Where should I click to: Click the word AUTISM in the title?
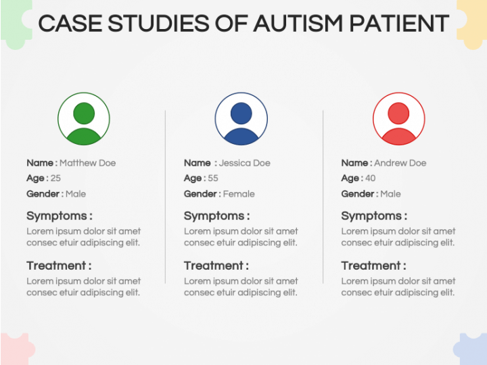tap(298, 23)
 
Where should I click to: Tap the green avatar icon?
tap(84, 118)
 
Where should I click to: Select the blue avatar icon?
tap(241, 118)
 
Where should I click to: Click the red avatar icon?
tap(399, 118)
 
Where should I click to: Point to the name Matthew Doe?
tap(87, 163)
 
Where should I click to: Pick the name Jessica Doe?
tap(244, 163)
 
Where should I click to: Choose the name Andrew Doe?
tap(400, 163)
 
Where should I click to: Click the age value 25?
tap(55, 178)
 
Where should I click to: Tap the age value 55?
tap(213, 178)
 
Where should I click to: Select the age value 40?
tap(370, 178)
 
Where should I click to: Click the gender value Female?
tap(239, 194)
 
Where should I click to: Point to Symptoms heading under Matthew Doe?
tap(60, 216)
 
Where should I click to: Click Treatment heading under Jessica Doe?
tap(216, 266)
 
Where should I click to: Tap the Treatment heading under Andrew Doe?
tap(373, 266)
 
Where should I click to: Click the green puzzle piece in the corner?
tap(16, 23)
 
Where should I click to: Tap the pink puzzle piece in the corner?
tap(16, 349)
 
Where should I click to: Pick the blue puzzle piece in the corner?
tap(471, 349)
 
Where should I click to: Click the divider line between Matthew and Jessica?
tap(165, 197)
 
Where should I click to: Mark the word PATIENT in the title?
tap(399, 23)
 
